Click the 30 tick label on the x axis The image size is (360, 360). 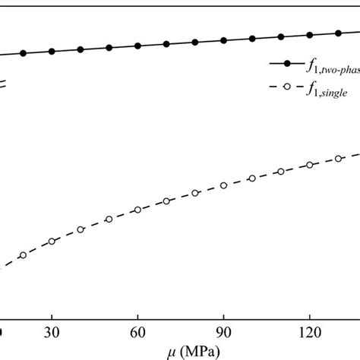[52, 333]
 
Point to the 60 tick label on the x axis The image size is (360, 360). [137, 333]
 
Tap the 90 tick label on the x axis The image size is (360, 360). [223, 333]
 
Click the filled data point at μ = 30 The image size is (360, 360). [52, 51]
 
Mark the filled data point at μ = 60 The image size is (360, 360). [137, 46]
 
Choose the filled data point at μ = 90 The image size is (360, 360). [223, 39]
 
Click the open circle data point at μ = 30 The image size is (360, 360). [52, 242]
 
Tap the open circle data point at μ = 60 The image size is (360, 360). [137, 210]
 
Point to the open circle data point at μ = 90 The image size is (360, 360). [223, 185]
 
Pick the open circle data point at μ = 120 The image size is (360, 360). [309, 165]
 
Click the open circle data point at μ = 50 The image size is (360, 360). [109, 219]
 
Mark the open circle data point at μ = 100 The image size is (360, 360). [252, 178]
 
